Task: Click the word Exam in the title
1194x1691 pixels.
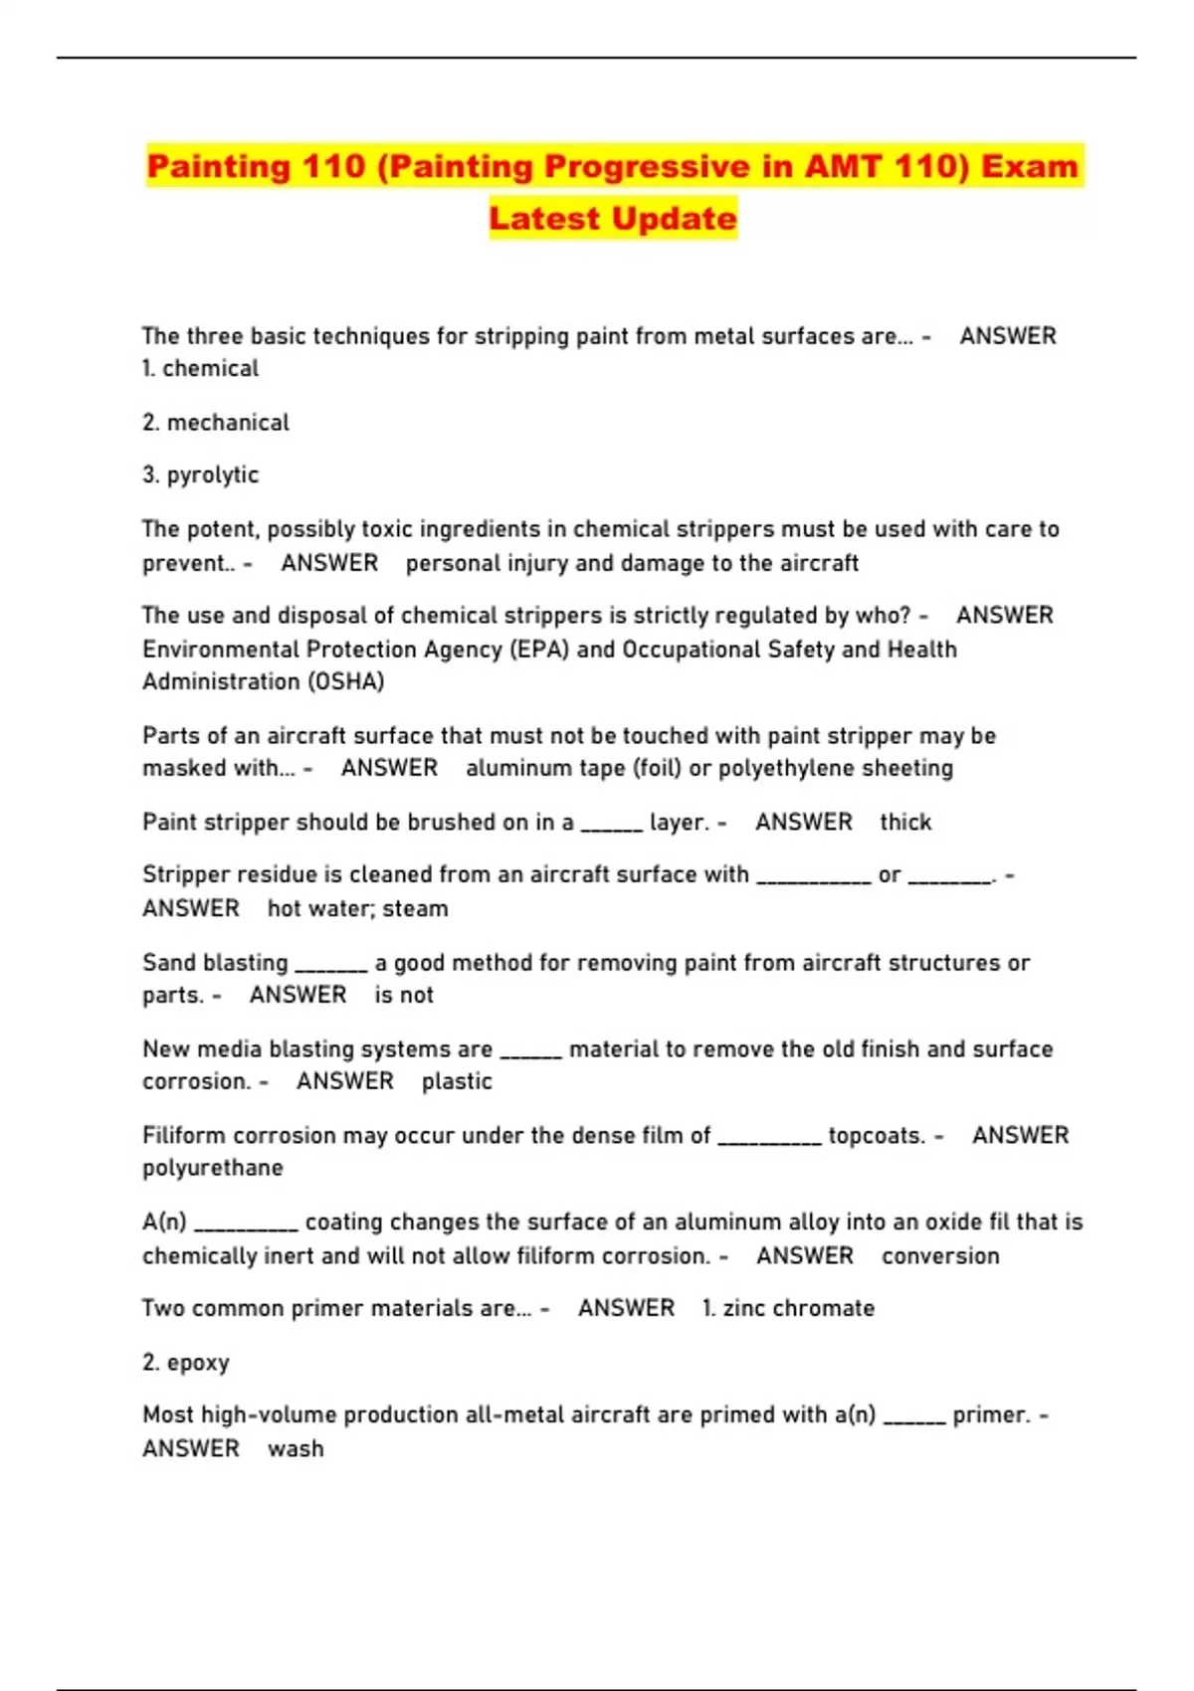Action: coord(1029,166)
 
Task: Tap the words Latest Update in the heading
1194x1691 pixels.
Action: coord(613,219)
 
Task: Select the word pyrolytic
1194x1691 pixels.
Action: coord(212,475)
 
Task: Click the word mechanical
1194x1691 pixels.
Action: coord(228,423)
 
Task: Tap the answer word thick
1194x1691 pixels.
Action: coord(905,823)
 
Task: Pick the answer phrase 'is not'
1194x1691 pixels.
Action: coord(404,995)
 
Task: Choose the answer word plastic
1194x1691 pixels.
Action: coord(457,1081)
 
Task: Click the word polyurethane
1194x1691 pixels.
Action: coord(213,1168)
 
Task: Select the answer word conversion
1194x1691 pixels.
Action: coord(940,1256)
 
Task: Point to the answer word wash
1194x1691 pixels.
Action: coord(296,1449)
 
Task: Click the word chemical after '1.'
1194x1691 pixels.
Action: coord(210,369)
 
